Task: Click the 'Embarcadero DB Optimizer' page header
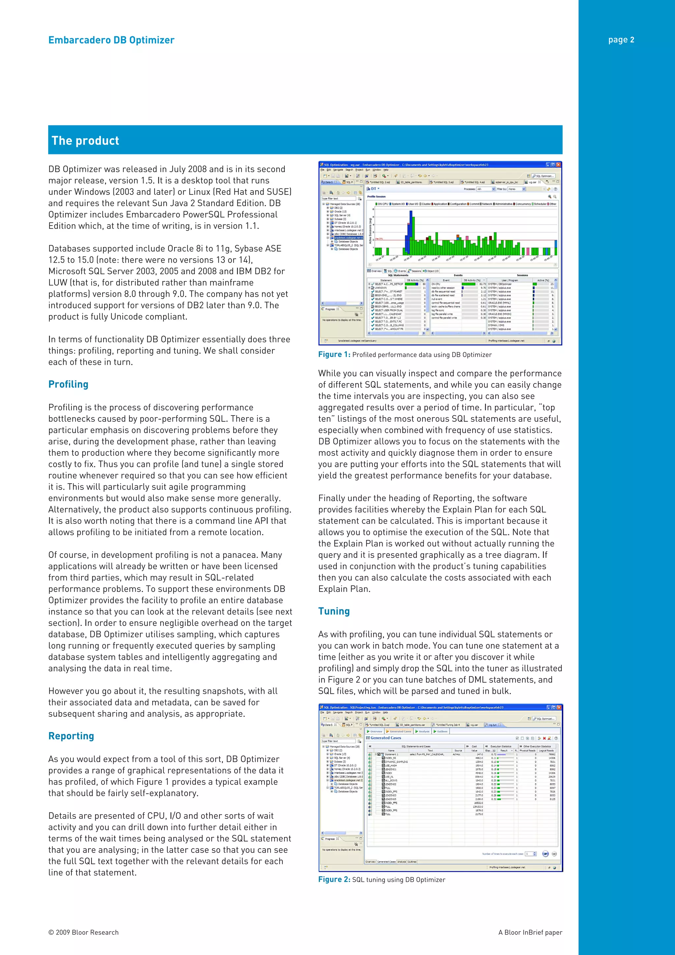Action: pos(111,40)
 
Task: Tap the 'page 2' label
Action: pos(621,40)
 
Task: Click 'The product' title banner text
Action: pos(85,140)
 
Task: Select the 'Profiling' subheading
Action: pos(68,384)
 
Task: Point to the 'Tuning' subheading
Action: pos(334,611)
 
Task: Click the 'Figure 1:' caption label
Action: pos(334,354)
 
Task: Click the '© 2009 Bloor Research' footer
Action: pos(83,932)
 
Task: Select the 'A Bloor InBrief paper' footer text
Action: pos(530,932)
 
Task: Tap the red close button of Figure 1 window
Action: pos(559,165)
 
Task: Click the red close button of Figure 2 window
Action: pos(559,707)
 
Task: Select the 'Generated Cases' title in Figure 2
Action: pos(386,738)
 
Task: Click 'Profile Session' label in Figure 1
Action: pos(376,196)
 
